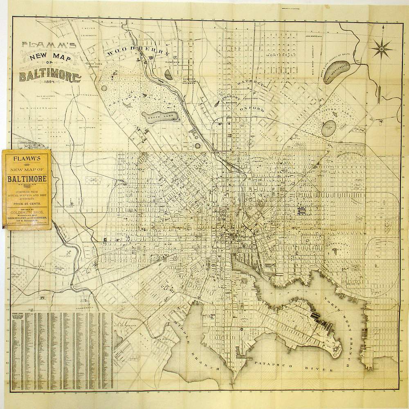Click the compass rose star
pyautogui.click(x=381, y=49)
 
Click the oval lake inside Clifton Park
pyautogui.click(x=330, y=127)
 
